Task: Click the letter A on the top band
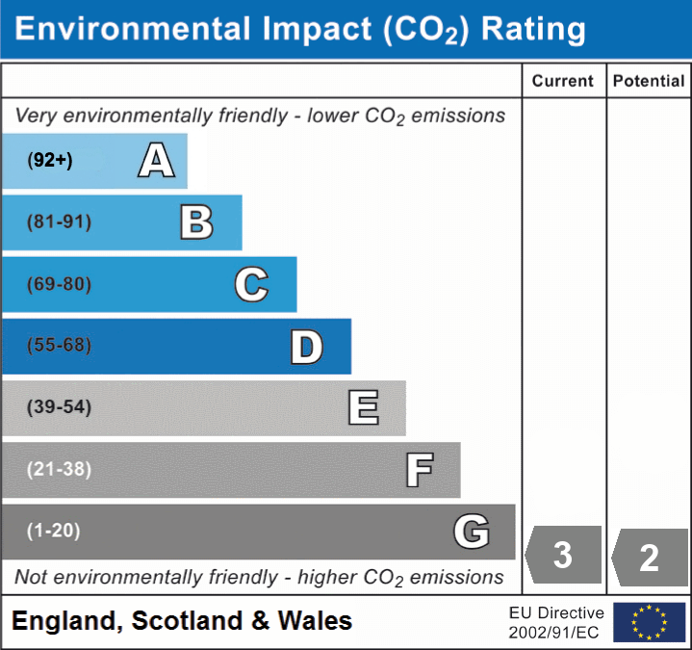point(156,161)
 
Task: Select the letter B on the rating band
point(196,222)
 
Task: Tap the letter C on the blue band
point(251,284)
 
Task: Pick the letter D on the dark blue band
point(306,347)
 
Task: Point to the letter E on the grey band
point(363,408)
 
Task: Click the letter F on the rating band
point(419,470)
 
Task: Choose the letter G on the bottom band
point(472,532)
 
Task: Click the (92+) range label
point(50,161)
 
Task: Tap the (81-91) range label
point(59,222)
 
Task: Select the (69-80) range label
point(59,284)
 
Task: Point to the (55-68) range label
point(59,346)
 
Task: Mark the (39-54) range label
point(59,407)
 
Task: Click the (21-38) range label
point(59,469)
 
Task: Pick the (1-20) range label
point(54,531)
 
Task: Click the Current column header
point(563,82)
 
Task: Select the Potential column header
point(649,82)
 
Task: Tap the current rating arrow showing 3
point(563,556)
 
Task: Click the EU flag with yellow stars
point(649,622)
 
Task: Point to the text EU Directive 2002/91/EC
point(556,622)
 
